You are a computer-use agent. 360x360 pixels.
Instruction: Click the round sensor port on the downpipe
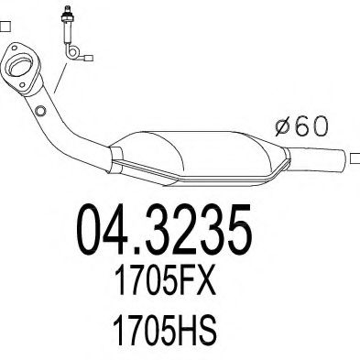tap(40, 112)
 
